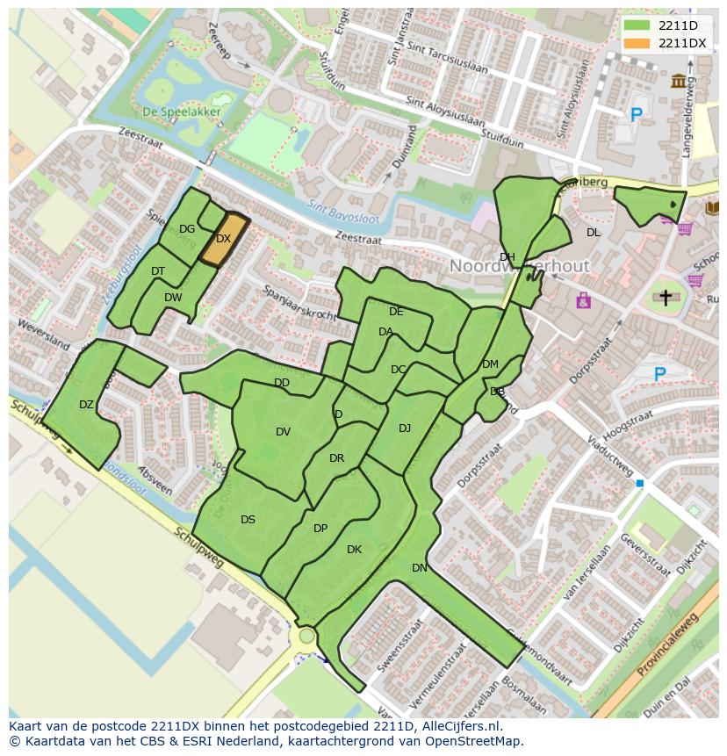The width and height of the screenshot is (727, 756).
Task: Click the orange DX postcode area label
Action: click(x=223, y=239)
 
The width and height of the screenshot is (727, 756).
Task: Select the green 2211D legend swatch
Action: click(x=638, y=26)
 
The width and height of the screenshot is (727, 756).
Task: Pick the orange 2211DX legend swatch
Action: click(x=638, y=43)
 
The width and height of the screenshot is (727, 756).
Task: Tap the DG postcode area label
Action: click(x=187, y=229)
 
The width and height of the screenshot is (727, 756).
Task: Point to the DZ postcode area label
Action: click(x=86, y=405)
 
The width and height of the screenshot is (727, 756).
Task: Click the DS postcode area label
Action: click(x=248, y=520)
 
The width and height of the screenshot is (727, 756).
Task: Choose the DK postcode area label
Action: click(x=354, y=550)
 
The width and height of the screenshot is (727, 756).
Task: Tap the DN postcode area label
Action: click(x=420, y=568)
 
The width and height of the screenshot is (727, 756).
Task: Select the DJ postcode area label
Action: click(x=405, y=428)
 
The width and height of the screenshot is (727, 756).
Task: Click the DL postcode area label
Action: click(x=594, y=233)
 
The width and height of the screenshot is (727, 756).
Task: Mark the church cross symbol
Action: click(x=666, y=298)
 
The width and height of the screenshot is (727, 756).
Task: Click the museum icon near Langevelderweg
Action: click(x=679, y=82)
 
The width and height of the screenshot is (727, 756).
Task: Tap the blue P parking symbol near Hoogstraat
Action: click(x=660, y=375)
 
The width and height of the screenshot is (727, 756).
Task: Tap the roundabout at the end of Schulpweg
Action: click(x=306, y=635)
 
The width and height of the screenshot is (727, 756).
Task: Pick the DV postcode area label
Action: click(x=283, y=431)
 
